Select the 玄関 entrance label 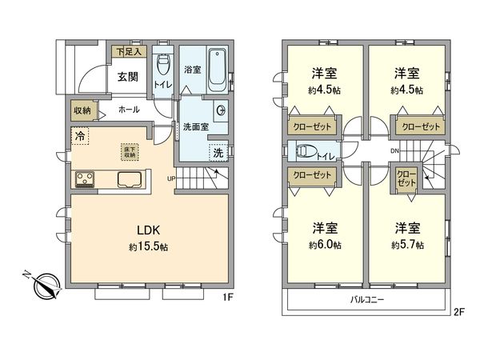click(x=129, y=77)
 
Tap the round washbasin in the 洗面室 click(x=222, y=111)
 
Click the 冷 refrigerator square click(x=80, y=137)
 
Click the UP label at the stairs click(x=172, y=178)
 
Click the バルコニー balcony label click(x=367, y=301)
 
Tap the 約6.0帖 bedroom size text click(x=326, y=244)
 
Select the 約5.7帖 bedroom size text click(x=407, y=244)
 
